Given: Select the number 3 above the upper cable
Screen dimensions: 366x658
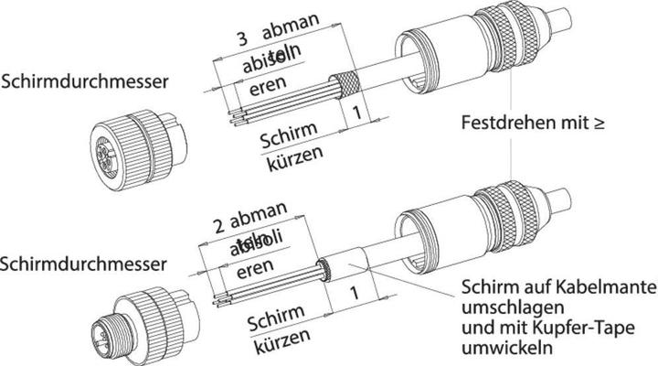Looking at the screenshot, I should click(242, 38).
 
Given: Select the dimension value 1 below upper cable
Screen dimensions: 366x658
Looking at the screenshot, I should click(357, 113).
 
